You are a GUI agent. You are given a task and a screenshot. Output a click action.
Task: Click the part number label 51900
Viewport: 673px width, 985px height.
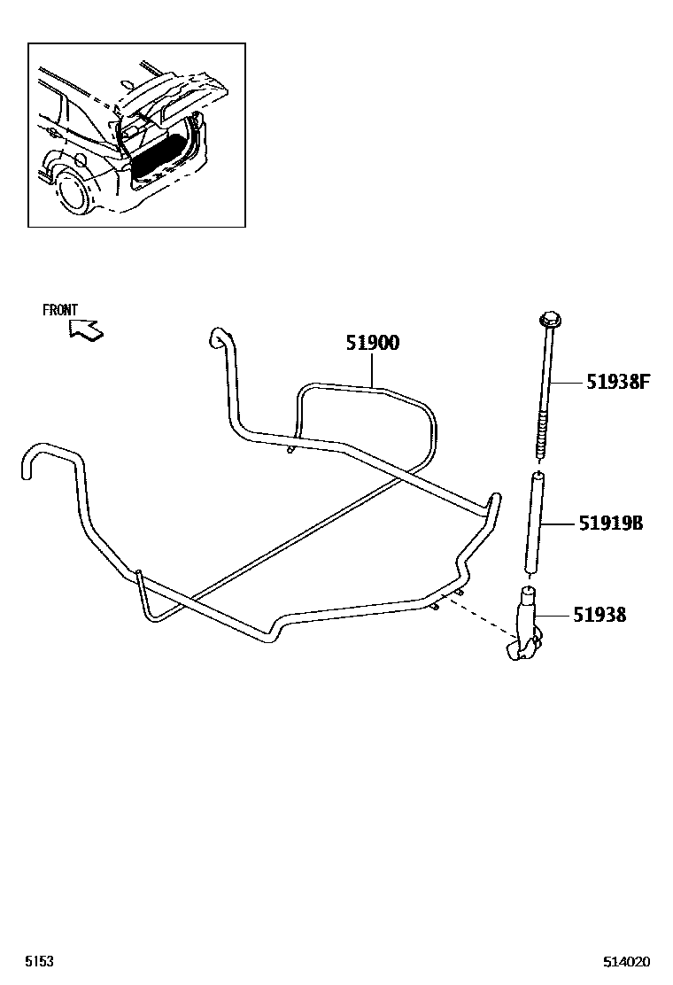pos(372,343)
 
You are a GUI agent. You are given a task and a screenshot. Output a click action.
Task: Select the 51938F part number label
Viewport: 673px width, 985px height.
pos(618,382)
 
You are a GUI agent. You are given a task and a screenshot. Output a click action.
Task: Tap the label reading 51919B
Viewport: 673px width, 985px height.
pos(611,524)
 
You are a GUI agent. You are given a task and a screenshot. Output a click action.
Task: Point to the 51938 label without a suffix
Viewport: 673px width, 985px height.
pos(600,614)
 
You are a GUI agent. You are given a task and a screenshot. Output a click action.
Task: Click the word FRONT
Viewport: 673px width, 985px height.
pos(60,310)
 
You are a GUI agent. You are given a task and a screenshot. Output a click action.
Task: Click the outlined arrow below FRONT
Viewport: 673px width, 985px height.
pos(86,330)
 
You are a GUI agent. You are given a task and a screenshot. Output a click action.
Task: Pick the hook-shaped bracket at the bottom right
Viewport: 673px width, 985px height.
pos(524,629)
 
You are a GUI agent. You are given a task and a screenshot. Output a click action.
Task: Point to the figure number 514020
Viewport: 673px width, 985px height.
pos(627,961)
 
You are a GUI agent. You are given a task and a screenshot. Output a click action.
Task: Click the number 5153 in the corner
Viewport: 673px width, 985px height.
pos(39,961)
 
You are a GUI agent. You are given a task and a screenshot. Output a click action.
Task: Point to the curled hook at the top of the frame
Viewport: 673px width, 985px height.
pos(217,338)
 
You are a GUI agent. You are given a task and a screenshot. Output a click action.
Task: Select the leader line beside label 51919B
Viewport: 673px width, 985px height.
pos(561,524)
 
